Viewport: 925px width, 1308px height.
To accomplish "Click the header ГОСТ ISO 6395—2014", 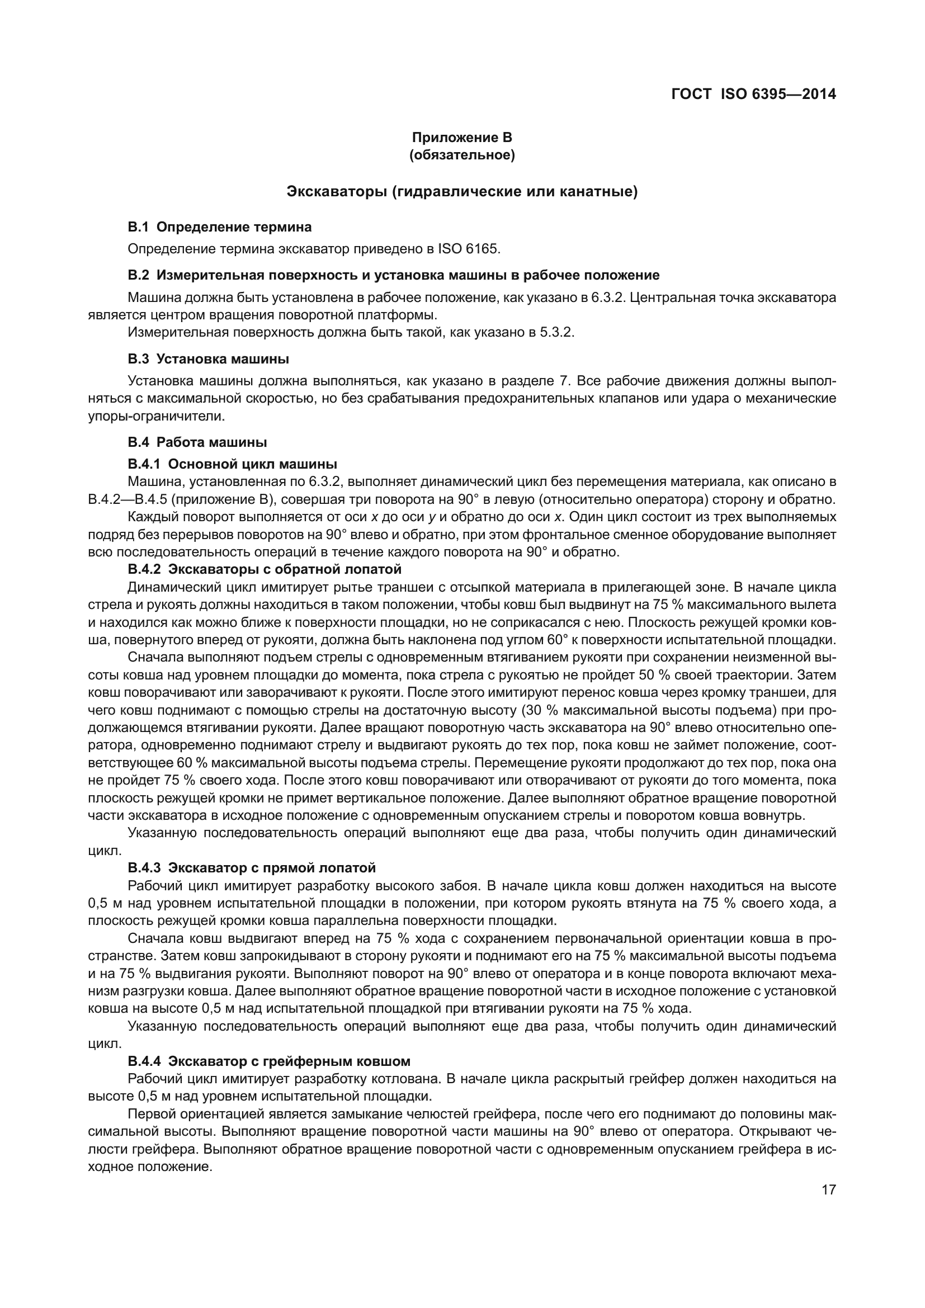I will point(753,95).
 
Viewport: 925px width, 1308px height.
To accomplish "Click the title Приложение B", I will point(462,138).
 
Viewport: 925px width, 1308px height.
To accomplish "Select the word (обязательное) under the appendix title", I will point(462,155).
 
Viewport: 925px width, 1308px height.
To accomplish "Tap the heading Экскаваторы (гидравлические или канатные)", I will point(462,192).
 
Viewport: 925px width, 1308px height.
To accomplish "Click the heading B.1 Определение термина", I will point(220,227).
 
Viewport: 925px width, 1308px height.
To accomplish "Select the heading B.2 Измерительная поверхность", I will point(393,276).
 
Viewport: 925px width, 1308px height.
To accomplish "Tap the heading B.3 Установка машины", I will point(209,359).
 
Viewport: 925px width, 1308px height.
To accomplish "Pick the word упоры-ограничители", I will point(156,417).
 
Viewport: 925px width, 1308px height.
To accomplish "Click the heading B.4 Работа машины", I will point(197,442).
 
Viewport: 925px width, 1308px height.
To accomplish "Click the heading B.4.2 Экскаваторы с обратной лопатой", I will point(265,569).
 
